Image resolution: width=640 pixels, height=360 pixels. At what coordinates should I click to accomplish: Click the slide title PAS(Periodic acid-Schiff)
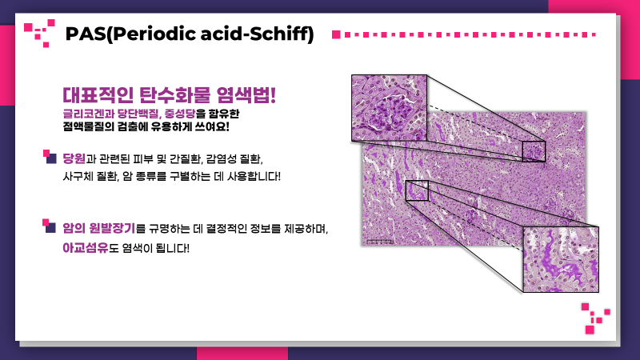tap(190, 34)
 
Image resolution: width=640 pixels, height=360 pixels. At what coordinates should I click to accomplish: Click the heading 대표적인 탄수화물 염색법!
tap(169, 94)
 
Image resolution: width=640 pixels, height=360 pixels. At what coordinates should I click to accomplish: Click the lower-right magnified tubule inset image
tap(561, 259)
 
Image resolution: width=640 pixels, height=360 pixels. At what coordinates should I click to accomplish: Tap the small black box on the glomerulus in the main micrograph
tap(533, 151)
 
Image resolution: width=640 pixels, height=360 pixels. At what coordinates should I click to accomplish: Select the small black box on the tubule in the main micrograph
tap(417, 190)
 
